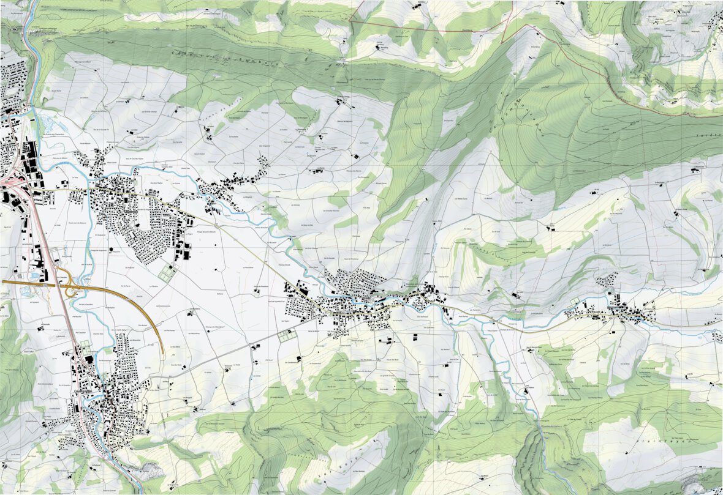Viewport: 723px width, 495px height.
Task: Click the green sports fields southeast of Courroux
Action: click(x=166, y=271)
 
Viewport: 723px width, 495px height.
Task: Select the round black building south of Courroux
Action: click(x=110, y=250)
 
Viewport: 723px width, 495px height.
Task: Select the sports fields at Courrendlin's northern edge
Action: click(x=84, y=346)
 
